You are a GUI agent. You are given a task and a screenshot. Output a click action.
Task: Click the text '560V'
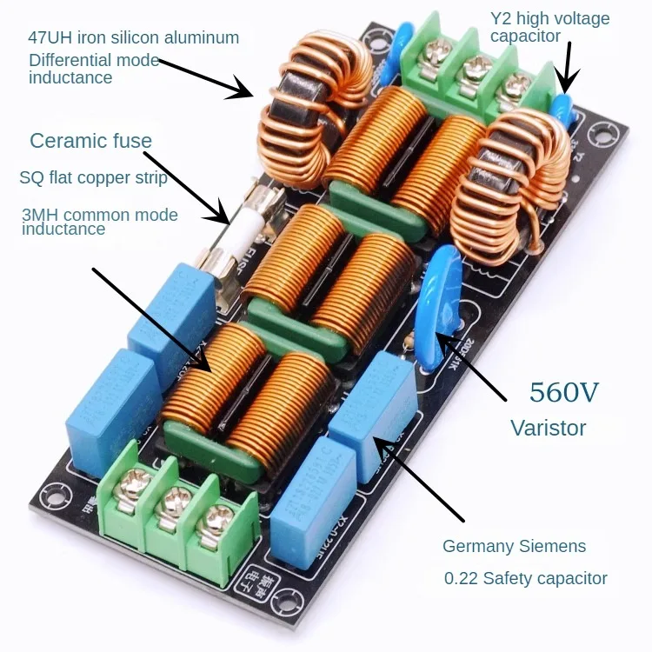[564, 393]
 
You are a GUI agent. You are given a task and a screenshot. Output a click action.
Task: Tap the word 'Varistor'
[548, 428]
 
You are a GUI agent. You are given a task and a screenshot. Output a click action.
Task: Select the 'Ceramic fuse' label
[90, 141]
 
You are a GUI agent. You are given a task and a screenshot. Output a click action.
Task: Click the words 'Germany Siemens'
[514, 547]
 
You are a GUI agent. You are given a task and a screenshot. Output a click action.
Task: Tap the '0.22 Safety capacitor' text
[525, 578]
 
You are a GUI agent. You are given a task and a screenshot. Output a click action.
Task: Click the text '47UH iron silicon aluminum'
[134, 38]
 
